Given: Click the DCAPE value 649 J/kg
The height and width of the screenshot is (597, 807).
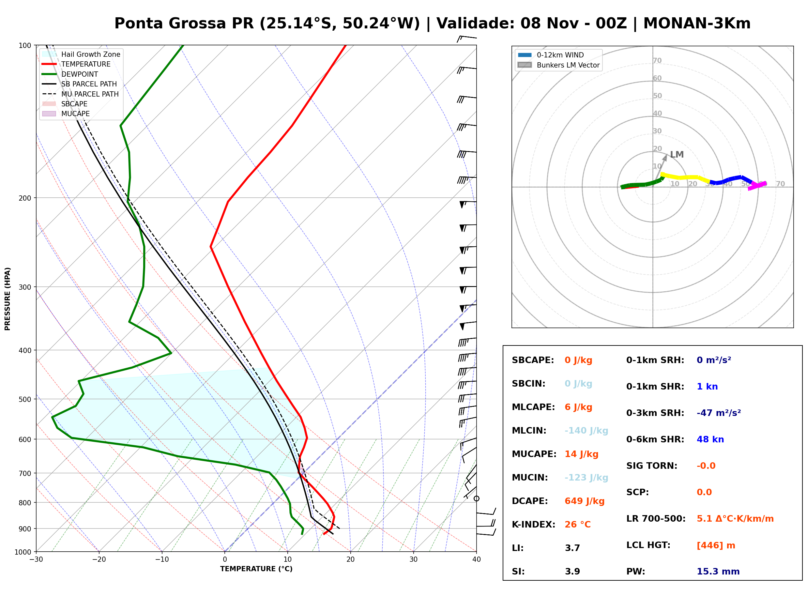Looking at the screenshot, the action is click(x=585, y=501).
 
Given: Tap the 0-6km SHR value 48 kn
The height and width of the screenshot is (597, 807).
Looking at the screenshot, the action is click(x=710, y=439).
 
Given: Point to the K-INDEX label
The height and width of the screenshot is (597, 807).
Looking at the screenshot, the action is click(x=534, y=525).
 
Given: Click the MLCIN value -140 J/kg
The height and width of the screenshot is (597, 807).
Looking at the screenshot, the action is click(x=586, y=431).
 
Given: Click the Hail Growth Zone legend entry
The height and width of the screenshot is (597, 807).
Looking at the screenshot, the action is click(x=81, y=54).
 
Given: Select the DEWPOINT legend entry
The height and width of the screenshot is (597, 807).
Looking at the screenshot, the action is click(x=70, y=74).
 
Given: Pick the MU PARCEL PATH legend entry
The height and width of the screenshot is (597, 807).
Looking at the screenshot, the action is click(x=80, y=94).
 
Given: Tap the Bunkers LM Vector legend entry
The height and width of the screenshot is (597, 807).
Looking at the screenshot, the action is click(x=558, y=65).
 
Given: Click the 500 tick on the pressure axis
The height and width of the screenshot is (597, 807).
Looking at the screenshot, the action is click(x=25, y=399).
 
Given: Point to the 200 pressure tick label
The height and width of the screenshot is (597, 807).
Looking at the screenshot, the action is click(x=25, y=198).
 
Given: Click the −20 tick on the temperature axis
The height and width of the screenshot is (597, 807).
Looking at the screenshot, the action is click(x=99, y=559).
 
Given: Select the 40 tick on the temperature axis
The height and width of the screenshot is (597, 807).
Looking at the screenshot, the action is click(x=477, y=559).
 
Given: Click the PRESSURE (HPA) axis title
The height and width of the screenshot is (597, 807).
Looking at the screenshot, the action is click(x=8, y=299).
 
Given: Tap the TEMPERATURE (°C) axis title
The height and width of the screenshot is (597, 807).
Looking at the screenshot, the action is click(x=256, y=569).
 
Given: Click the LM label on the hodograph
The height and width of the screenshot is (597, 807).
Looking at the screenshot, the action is click(x=677, y=155).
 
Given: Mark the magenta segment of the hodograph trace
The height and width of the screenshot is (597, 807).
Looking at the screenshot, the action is click(x=757, y=186).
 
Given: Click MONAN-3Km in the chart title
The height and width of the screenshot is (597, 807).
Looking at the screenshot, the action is click(x=697, y=23).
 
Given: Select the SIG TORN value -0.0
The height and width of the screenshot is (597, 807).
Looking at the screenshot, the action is click(x=706, y=466).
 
